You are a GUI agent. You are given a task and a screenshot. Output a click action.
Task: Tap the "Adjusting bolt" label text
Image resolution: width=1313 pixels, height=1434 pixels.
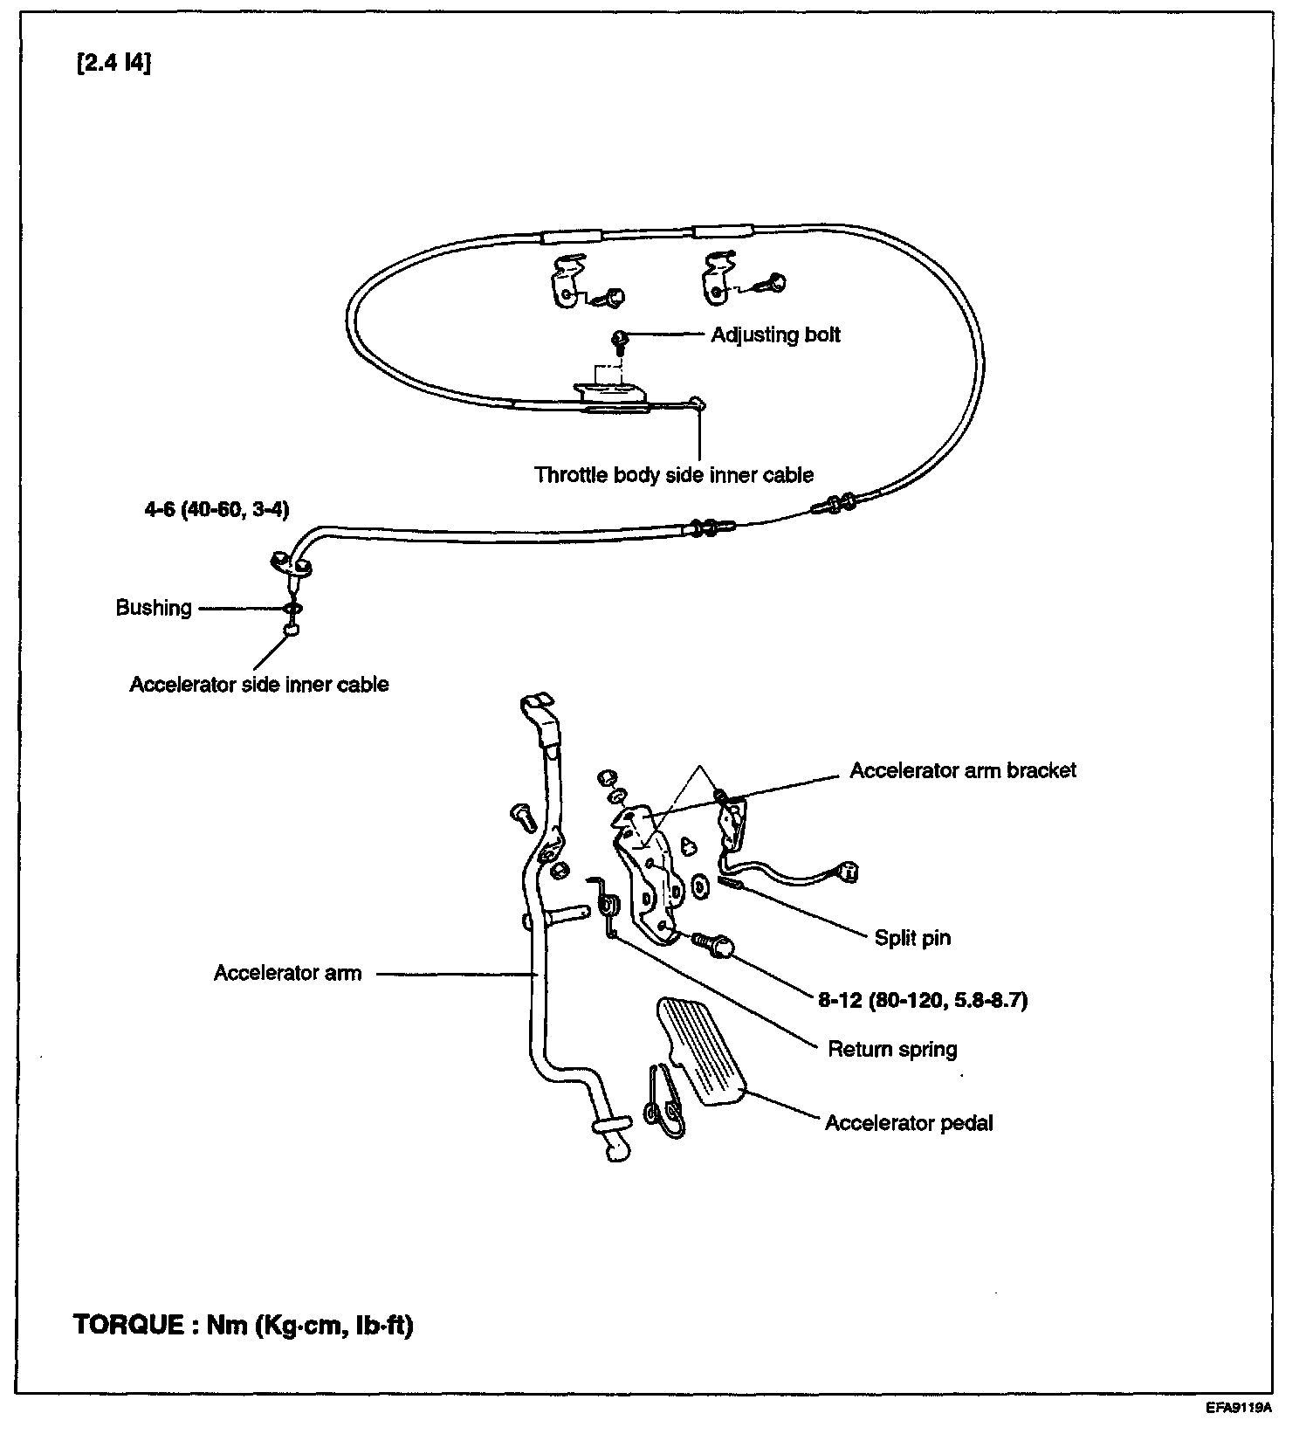(775, 335)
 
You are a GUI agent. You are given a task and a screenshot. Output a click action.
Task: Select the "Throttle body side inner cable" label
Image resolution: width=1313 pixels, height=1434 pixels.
(674, 475)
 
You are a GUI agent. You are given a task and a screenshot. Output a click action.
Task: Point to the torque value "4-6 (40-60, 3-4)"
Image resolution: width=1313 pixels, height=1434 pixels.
(217, 509)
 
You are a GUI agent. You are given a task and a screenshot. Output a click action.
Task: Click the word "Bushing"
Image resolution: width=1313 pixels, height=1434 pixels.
(154, 608)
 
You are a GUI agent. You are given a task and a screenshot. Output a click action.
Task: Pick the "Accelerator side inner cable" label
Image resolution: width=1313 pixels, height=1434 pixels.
(259, 684)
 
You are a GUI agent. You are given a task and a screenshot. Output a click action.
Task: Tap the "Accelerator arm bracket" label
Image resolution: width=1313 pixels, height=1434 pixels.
(963, 770)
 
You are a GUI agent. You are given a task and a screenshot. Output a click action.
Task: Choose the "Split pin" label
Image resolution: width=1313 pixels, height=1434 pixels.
(912, 938)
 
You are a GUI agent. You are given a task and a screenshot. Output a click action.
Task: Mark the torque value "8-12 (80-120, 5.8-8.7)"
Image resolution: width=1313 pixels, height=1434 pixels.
(923, 1000)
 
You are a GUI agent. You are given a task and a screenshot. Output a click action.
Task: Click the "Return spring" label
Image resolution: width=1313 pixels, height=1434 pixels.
(892, 1049)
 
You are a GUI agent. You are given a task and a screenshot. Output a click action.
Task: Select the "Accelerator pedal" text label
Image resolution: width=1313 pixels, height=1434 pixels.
(909, 1122)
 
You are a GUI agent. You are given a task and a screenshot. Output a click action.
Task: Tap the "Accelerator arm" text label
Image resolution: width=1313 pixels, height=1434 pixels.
(287, 973)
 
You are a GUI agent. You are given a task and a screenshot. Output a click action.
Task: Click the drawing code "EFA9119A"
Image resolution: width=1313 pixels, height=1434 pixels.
(1240, 1409)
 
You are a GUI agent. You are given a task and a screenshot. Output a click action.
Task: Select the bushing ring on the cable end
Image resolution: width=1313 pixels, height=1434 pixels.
(293, 609)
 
